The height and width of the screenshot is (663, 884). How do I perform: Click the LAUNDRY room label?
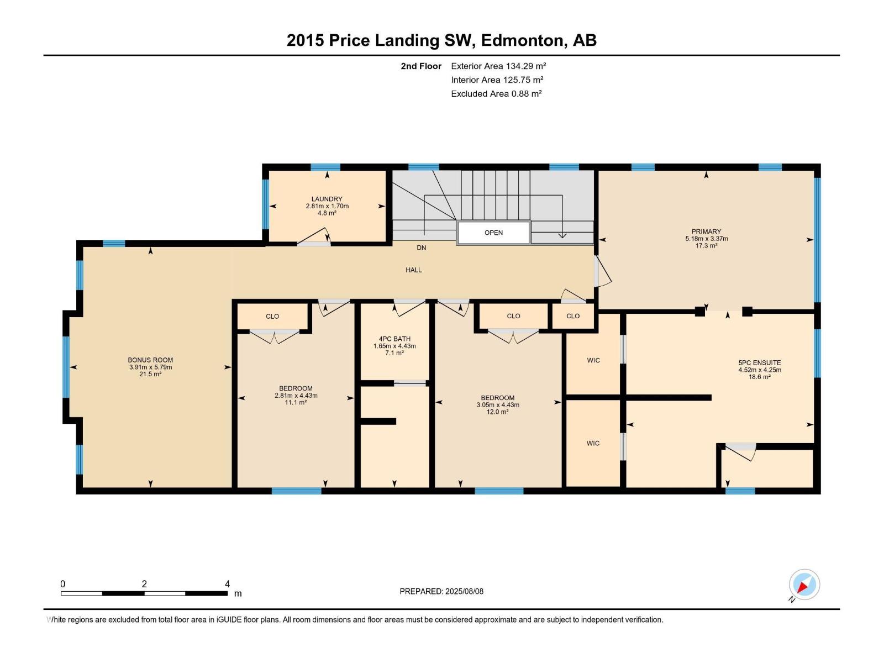point(327,199)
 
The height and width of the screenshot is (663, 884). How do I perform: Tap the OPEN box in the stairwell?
point(493,232)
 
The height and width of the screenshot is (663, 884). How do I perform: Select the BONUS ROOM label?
point(150,360)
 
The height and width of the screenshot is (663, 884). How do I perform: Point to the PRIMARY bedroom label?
point(706,231)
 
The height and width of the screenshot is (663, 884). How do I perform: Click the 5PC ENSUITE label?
point(760,362)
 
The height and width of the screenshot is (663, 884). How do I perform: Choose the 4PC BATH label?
point(394,339)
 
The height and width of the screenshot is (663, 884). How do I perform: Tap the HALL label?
point(414,270)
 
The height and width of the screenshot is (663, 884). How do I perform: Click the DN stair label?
point(421,248)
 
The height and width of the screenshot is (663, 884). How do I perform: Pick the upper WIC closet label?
point(593,360)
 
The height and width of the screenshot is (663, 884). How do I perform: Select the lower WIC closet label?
point(593,443)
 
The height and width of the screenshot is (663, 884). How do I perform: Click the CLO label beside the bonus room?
point(272,317)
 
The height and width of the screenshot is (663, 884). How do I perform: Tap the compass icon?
point(804,585)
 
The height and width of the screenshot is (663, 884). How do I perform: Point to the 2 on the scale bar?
point(144,583)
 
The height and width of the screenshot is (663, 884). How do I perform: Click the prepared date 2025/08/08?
point(464,591)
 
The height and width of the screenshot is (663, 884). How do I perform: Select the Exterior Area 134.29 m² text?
point(498,66)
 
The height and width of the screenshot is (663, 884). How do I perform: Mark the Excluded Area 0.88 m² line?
point(496,94)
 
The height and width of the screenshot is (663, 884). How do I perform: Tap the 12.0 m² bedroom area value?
point(497,412)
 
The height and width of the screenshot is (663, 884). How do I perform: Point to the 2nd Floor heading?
point(421,66)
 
